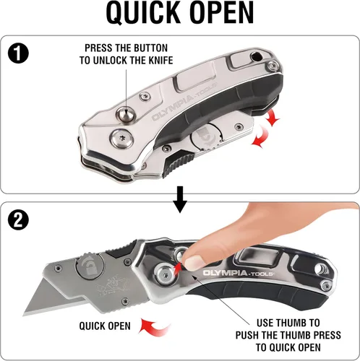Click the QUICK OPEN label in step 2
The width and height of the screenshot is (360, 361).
[x=105, y=325]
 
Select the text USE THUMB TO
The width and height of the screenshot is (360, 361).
[x=286, y=321]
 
